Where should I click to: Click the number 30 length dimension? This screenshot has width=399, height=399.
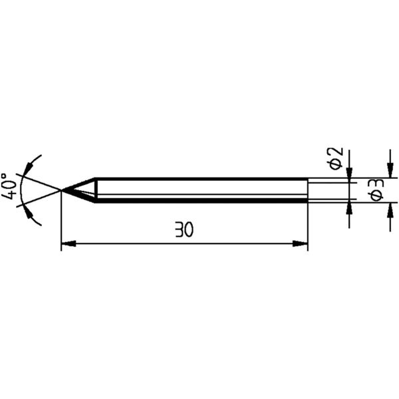pyautogui.click(x=184, y=230)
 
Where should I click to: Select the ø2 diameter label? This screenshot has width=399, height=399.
pyautogui.click(x=336, y=158)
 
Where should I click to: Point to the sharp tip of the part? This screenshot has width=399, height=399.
pyautogui.click(x=62, y=191)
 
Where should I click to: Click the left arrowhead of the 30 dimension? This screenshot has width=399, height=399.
pyautogui.click(x=66, y=245)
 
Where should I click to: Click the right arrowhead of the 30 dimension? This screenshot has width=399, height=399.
pyautogui.click(x=303, y=245)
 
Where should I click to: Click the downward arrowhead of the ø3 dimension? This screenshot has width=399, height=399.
pyautogui.click(x=389, y=171)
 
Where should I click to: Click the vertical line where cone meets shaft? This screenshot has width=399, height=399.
pyautogui.click(x=96, y=190)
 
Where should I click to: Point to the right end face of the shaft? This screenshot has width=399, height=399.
pyautogui.click(x=308, y=190)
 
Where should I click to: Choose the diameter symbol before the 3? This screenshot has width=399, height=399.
pyautogui.click(x=374, y=196)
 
